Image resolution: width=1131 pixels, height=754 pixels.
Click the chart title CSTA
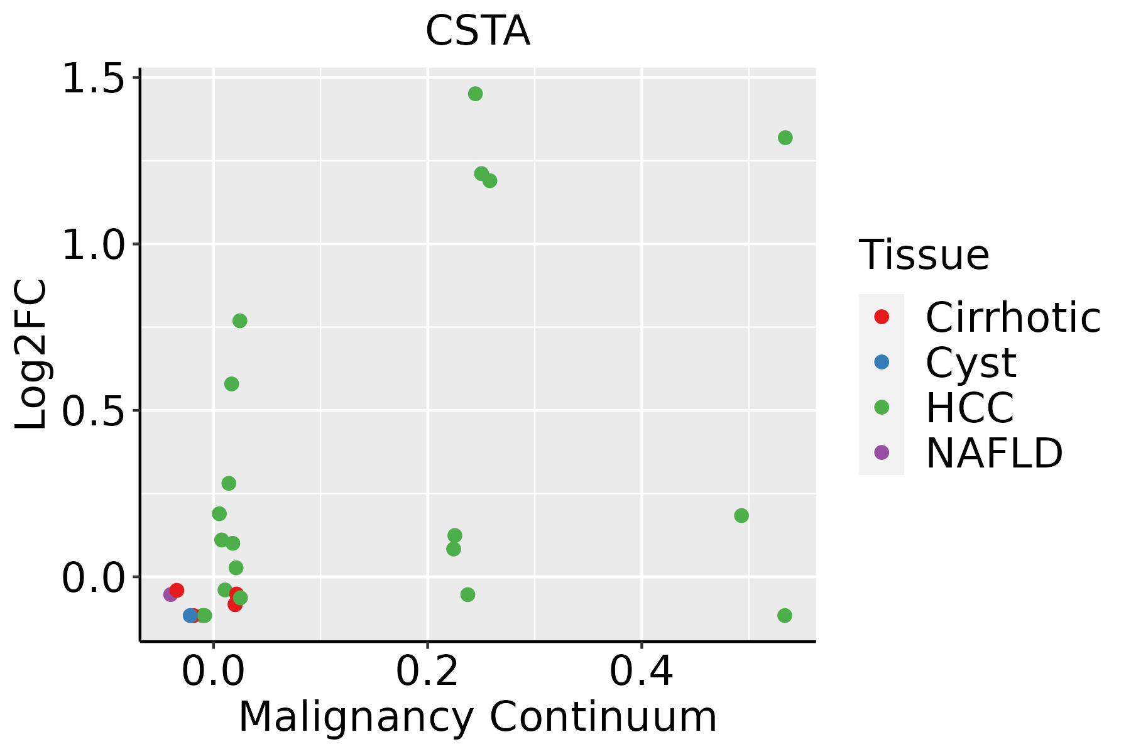(x=478, y=31)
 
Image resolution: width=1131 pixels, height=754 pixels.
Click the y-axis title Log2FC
(x=31, y=355)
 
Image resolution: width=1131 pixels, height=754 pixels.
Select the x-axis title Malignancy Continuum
(x=478, y=717)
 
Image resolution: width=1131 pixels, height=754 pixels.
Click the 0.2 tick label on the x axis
(x=427, y=672)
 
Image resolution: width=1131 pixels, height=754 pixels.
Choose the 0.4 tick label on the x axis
(x=642, y=672)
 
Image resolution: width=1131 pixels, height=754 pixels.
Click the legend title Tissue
(x=924, y=255)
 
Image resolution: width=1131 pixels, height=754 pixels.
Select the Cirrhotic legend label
(x=1013, y=317)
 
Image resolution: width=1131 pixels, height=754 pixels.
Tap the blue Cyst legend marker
(x=882, y=362)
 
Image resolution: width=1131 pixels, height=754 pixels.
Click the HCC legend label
(x=970, y=407)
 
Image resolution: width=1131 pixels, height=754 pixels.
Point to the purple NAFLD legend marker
(x=882, y=452)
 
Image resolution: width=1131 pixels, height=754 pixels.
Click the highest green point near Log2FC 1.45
(x=475, y=94)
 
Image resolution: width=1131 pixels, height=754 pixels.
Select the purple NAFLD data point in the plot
(x=170, y=594)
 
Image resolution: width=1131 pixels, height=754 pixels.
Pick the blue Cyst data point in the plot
(x=190, y=615)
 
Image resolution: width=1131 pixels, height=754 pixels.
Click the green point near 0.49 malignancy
(x=741, y=516)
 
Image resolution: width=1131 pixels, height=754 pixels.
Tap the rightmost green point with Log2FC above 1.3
(x=785, y=138)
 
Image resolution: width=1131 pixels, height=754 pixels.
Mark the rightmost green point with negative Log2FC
(x=785, y=615)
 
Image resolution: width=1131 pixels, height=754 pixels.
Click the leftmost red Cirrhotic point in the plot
(x=177, y=590)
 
